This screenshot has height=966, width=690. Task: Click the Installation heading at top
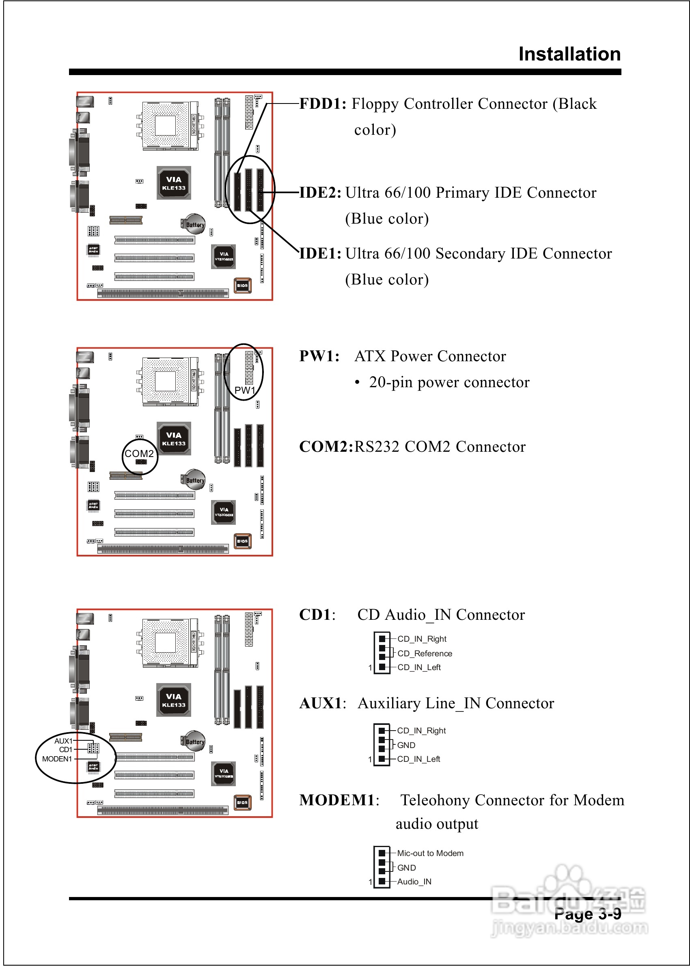[569, 54]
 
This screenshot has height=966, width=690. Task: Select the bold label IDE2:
[320, 192]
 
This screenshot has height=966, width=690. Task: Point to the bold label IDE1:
[320, 254]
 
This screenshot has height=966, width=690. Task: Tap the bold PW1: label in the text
[319, 356]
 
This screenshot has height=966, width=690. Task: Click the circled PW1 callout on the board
[245, 390]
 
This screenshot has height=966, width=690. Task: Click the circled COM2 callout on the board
[139, 454]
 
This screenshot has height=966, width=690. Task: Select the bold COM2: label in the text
[326, 447]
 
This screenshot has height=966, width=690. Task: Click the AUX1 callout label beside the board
[63, 741]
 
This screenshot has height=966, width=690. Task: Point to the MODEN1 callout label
[57, 759]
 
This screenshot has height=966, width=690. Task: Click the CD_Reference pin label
[425, 653]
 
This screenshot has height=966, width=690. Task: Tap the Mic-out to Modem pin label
[430, 853]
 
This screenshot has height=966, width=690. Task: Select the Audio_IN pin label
[414, 882]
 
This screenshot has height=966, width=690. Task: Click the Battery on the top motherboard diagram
[194, 224]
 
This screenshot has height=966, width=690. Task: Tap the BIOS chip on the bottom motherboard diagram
[243, 802]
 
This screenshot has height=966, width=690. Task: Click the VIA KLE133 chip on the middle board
[174, 438]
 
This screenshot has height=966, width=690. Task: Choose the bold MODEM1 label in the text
[339, 800]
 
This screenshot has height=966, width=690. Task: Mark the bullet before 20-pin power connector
[357, 383]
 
